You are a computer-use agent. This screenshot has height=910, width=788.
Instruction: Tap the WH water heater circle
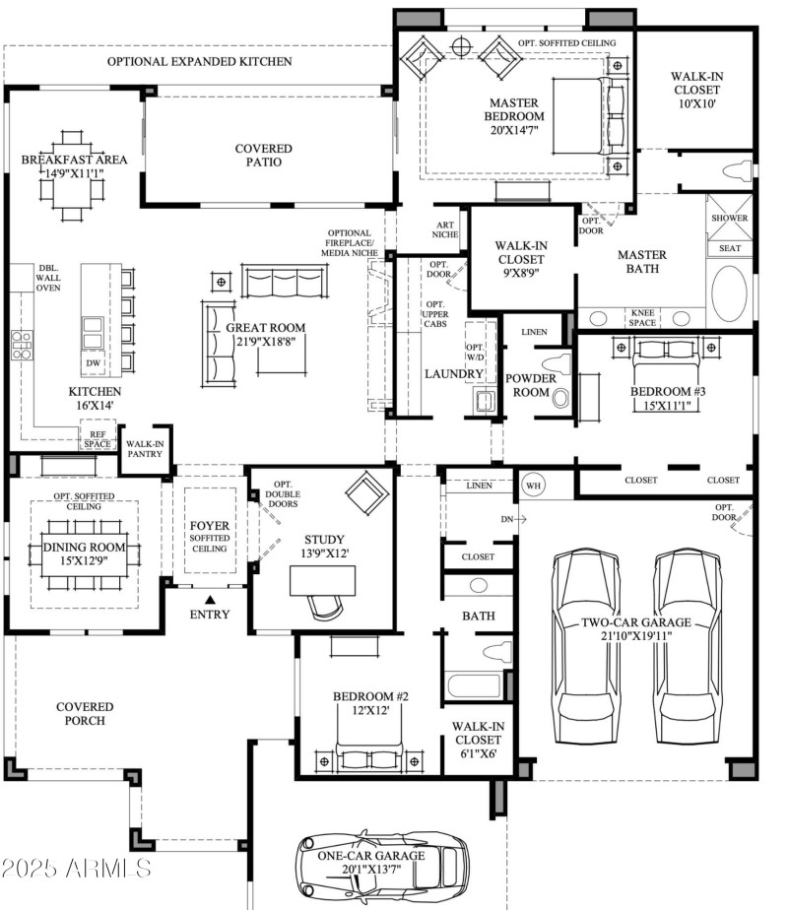[x=534, y=485]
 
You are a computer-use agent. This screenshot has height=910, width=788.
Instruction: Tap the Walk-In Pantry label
[x=145, y=449]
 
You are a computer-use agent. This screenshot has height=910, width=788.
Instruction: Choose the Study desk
[x=326, y=581]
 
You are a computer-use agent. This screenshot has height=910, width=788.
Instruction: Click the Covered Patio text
[x=264, y=156]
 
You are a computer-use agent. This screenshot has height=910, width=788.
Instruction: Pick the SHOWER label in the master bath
[x=729, y=218]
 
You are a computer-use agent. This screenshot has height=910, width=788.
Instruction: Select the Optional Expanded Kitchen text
[x=200, y=61]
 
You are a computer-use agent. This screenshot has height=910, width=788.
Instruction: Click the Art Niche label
[x=445, y=230]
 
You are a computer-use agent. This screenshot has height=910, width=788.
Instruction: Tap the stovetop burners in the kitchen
[x=21, y=342]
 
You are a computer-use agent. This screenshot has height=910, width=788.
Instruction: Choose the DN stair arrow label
[x=509, y=517]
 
